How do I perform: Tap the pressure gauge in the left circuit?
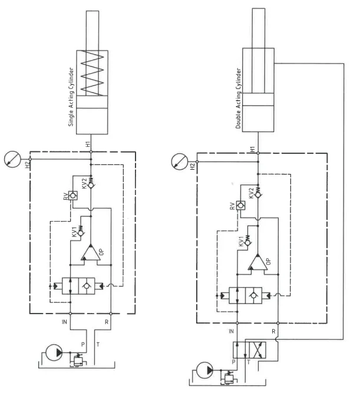11,160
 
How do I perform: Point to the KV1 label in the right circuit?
240,241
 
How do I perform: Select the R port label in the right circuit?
274,331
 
